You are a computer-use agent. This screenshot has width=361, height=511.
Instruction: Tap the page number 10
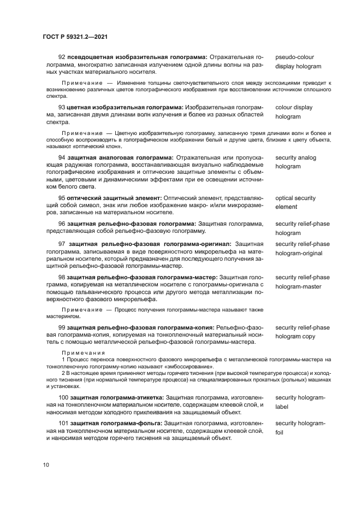pos(46,465)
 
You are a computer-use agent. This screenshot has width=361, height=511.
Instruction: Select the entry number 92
pos(62,57)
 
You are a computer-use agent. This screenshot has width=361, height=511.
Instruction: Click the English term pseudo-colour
pos(294,57)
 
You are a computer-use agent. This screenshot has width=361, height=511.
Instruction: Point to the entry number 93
pos(62,107)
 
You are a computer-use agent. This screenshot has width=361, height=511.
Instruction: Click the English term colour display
pos(294,107)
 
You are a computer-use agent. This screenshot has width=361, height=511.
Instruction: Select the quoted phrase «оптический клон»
pos(104,146)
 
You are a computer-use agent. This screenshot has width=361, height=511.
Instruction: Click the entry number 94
pos(62,158)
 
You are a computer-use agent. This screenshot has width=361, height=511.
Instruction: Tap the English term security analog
pos(295,158)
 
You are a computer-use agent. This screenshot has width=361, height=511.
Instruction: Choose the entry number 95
pos(62,198)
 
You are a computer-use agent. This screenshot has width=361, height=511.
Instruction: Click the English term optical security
pos(295,198)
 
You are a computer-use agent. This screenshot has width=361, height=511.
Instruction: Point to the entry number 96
pos(62,224)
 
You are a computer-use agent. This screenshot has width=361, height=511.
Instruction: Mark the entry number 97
pos(62,244)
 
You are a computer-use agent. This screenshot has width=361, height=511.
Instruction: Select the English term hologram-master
pos(298,286)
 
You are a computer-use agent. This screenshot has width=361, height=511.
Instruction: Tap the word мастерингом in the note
pos(63,316)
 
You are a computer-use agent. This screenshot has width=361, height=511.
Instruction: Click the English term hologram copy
pos(295,337)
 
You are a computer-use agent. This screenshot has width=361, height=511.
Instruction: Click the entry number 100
pos(63,397)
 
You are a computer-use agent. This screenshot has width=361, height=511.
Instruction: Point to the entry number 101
pos(63,424)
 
